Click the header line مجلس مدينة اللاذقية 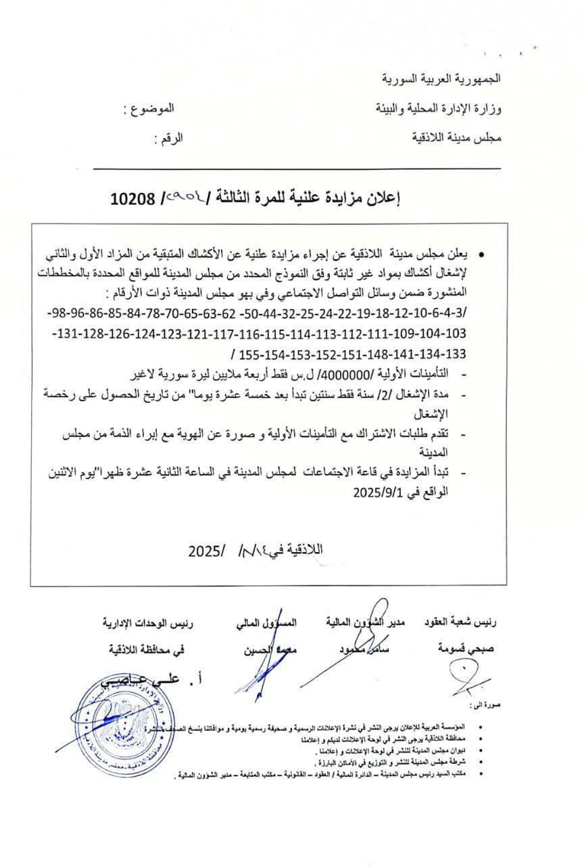click(x=457, y=138)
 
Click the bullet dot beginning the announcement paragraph click(x=481, y=254)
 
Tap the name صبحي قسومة click(x=466, y=648)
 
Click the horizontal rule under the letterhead click(x=297, y=168)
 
